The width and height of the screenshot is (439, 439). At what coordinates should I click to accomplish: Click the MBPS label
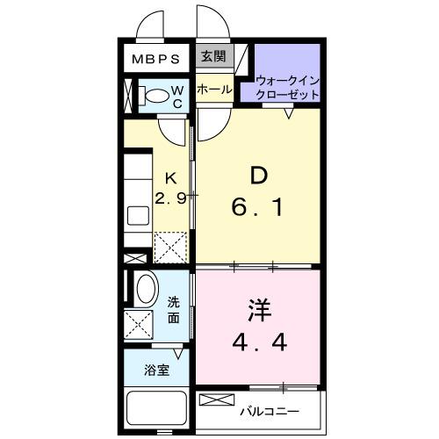156,60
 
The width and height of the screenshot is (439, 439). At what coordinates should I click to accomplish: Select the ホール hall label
213,89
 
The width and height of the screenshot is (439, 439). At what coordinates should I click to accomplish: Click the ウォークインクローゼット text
288,87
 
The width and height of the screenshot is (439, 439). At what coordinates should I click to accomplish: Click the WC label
176,97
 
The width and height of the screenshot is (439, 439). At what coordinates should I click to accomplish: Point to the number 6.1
258,209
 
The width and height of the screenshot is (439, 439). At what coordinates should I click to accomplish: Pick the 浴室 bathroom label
156,371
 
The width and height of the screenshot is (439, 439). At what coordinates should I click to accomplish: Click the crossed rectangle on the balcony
213,400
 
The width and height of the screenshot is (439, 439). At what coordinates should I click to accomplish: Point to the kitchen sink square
139,216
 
